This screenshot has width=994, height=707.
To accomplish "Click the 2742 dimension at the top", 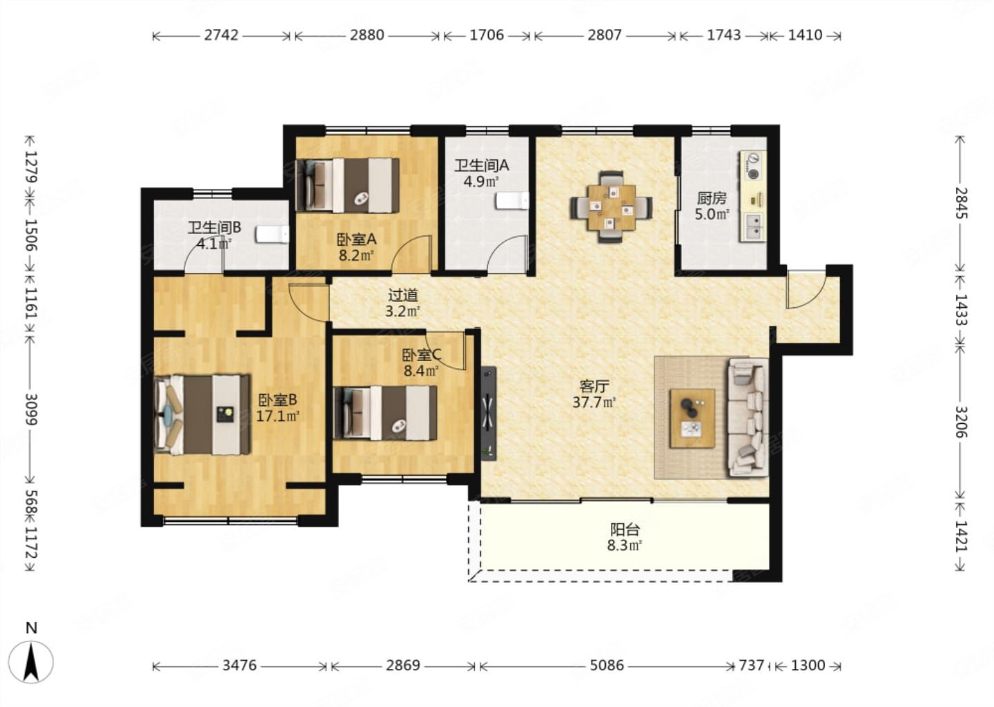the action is (221, 35).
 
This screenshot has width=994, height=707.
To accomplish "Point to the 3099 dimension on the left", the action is (31, 409).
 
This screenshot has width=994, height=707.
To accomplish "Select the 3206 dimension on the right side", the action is (961, 422).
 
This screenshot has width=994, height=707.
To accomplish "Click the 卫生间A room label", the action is (482, 166).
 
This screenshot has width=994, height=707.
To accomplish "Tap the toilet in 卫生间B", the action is (272, 234).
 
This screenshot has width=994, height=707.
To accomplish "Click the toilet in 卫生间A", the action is (512, 201).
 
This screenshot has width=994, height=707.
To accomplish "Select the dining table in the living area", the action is (611, 207).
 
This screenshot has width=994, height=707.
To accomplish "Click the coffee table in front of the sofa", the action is (692, 418).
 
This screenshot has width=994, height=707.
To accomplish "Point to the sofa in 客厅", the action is (748, 418).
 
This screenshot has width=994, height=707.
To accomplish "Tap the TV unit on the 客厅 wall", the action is (489, 414).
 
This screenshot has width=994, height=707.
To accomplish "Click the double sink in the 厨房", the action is (753, 226).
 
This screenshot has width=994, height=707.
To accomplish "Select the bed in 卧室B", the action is (202, 415).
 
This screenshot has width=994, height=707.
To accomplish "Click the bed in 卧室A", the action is (347, 184).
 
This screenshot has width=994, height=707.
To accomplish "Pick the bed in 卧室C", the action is (384, 413).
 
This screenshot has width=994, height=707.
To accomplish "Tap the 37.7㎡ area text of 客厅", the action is (594, 403).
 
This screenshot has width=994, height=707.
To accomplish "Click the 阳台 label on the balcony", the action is (625, 530).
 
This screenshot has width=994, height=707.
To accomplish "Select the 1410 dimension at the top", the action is (805, 35).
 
